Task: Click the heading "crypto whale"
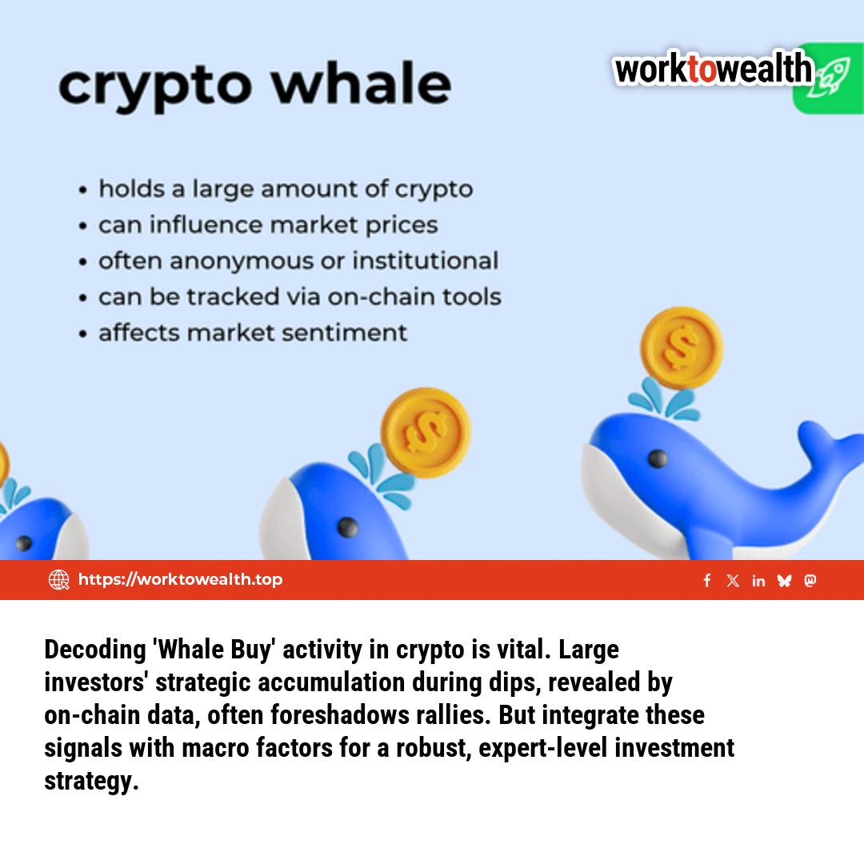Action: click(254, 86)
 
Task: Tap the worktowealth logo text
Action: click(713, 70)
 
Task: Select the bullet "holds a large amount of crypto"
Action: click(285, 190)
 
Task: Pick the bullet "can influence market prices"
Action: click(268, 225)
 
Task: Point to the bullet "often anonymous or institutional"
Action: click(298, 261)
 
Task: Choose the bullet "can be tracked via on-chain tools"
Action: click(299, 297)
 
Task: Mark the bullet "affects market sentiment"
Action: click(252, 332)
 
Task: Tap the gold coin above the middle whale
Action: click(425, 432)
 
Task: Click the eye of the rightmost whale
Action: click(658, 458)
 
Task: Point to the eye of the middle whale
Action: click(347, 527)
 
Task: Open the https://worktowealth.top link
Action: click(180, 579)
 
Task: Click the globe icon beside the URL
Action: click(59, 580)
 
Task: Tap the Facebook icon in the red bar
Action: click(707, 581)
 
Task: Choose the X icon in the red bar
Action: click(733, 581)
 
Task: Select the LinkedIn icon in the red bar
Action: click(758, 581)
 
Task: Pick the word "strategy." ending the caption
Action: click(91, 781)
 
